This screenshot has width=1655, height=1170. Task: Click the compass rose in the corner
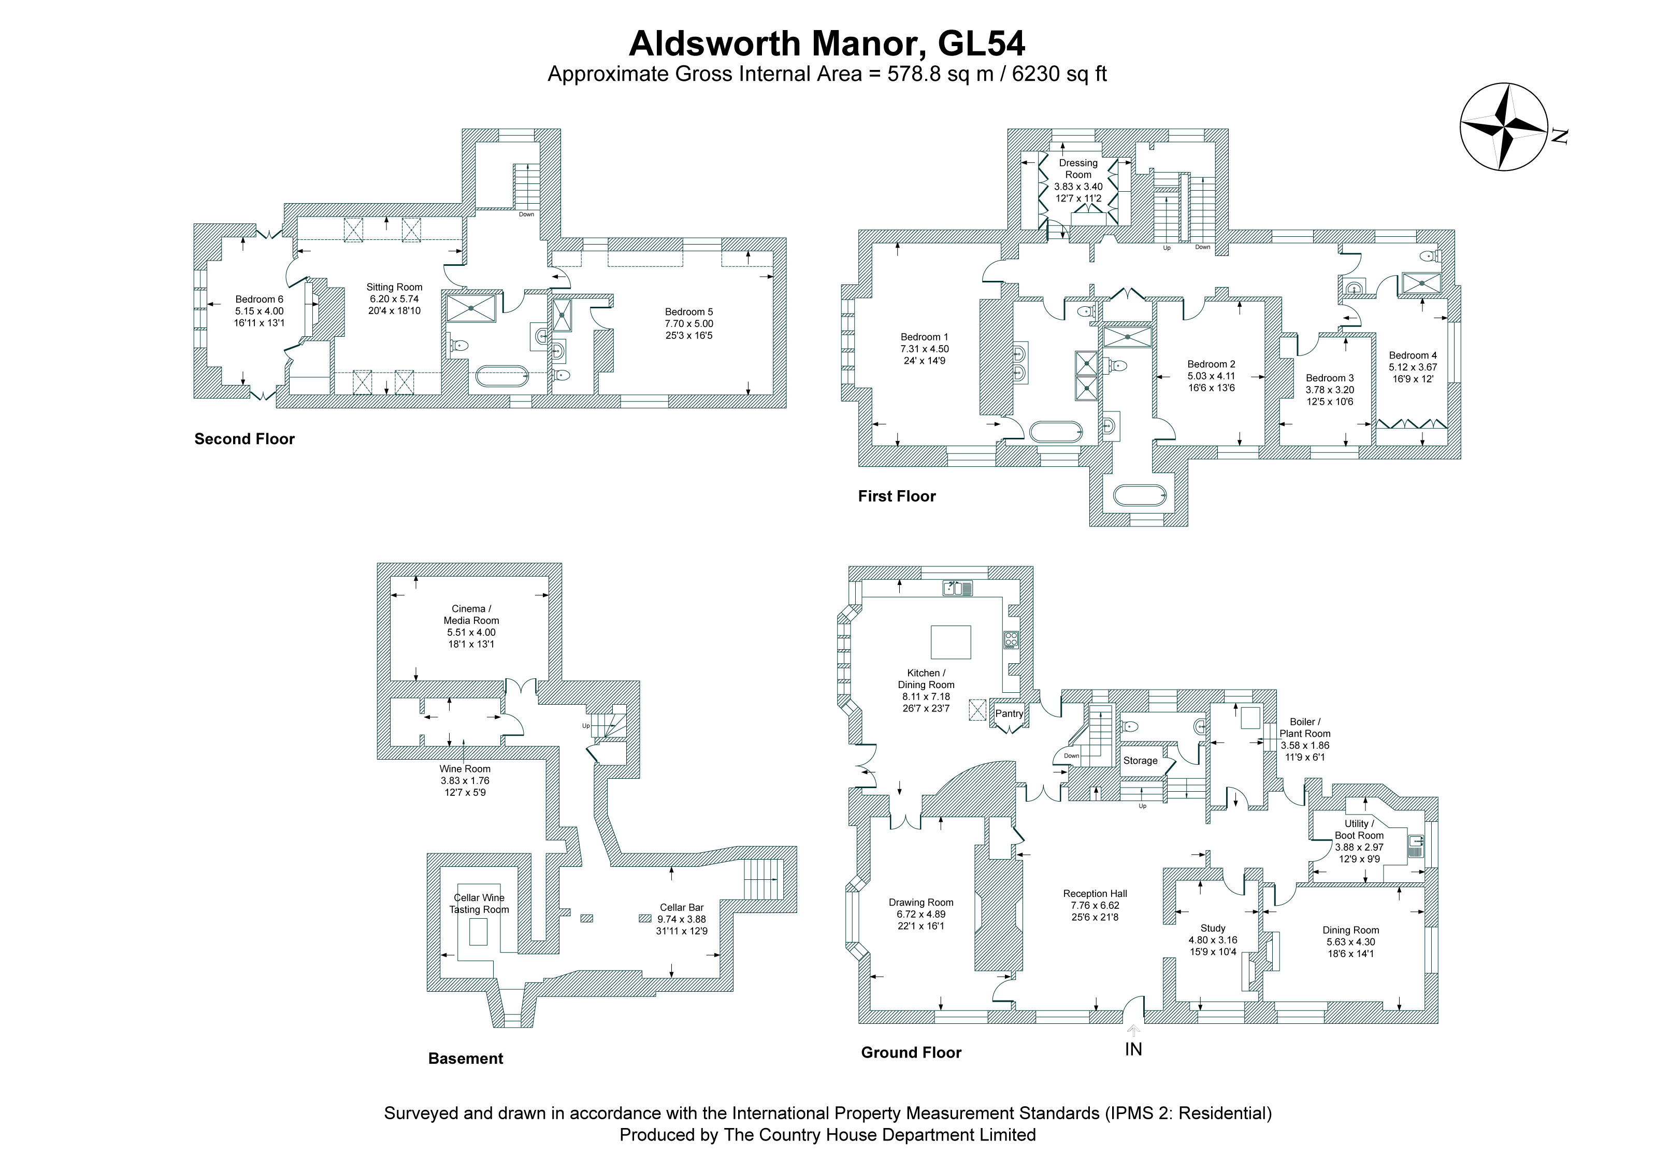tap(1504, 127)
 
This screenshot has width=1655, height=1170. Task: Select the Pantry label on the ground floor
tap(1009, 713)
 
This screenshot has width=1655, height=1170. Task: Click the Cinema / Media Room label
tap(471, 614)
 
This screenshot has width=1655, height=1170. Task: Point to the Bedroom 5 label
tap(689, 312)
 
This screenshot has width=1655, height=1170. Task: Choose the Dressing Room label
tap(1078, 169)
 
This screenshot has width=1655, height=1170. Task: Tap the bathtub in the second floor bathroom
tap(502, 377)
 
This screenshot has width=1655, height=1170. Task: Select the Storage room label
tap(1140, 761)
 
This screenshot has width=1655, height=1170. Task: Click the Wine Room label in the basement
tap(465, 768)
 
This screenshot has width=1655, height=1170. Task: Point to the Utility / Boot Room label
tap(1359, 829)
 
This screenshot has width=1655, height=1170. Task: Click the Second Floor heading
tap(244, 439)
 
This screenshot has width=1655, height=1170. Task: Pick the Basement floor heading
tap(466, 1058)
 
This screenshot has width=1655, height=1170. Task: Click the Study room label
tap(1213, 929)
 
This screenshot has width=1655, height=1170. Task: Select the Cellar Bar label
tap(681, 908)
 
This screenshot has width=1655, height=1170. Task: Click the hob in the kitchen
tap(1011, 639)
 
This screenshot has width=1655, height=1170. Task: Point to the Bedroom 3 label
tap(1330, 378)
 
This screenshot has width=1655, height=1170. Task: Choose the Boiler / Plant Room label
tap(1305, 727)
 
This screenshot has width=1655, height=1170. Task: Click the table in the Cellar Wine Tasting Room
tap(479, 933)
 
